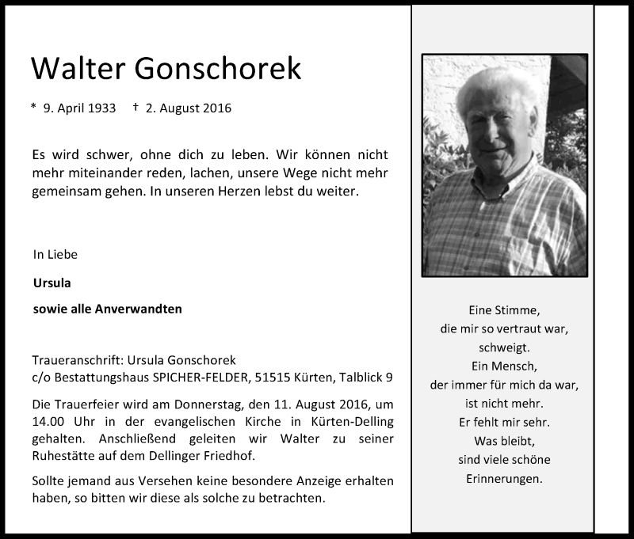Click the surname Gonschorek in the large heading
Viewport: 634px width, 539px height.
220,70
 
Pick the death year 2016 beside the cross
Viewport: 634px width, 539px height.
214,108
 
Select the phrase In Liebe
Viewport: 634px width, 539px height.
55,255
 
